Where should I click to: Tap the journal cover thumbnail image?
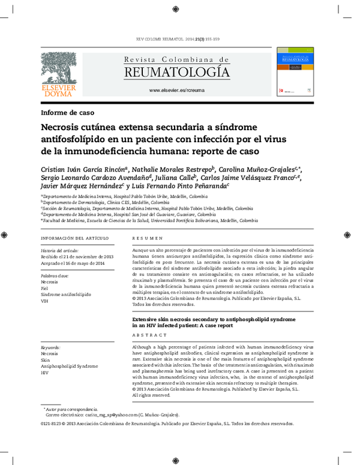[294, 74]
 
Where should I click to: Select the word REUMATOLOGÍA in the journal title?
[176, 73]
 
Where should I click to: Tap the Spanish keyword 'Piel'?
[45, 288]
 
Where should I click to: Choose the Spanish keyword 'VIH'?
[44, 301]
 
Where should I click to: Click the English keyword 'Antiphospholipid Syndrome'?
[69, 366]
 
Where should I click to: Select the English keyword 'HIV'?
[44, 373]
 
